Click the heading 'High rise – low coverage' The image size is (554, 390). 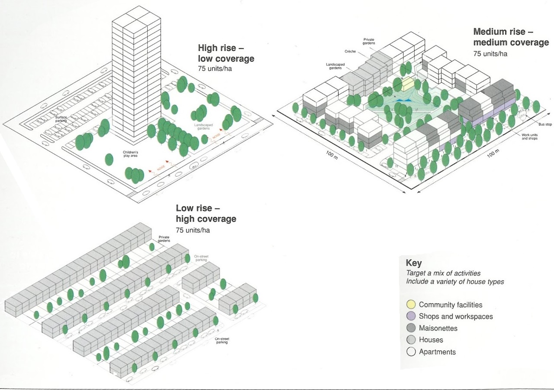click(226, 53)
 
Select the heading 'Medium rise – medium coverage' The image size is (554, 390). click(511, 37)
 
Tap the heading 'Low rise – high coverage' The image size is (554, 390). click(206, 214)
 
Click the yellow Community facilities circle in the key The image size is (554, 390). click(411, 305)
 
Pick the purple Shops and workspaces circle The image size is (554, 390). click(411, 316)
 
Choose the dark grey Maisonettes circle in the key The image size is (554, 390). click(411, 328)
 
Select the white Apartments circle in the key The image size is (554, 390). click(411, 352)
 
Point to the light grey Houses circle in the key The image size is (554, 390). click(411, 340)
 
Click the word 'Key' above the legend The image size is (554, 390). click(414, 263)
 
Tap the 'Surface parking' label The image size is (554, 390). click(61, 119)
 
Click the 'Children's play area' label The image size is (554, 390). click(130, 154)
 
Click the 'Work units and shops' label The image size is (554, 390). click(530, 136)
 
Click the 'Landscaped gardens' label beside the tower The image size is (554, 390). click(201, 127)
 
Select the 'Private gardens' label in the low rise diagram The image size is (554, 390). click(164, 239)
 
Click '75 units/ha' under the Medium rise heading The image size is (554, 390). click(490, 54)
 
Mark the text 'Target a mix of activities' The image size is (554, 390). click(443, 273)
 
